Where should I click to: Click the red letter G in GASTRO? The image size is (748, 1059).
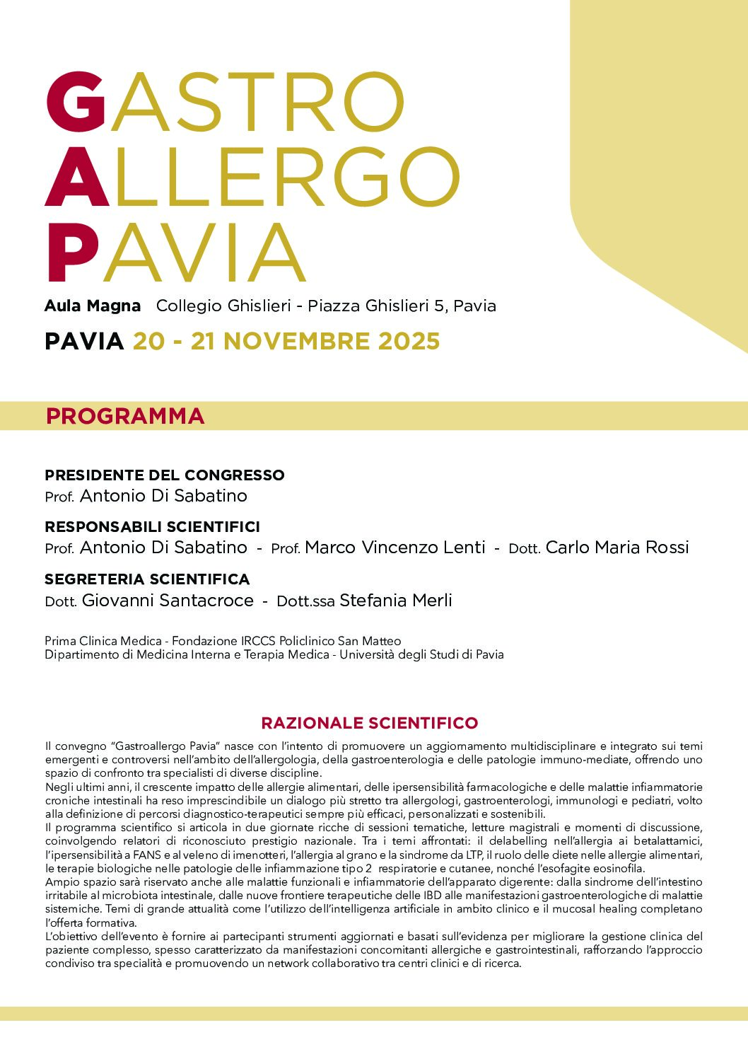click(x=76, y=102)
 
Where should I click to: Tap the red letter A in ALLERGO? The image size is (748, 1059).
click(x=76, y=177)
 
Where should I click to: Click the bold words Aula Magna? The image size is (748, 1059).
click(x=93, y=306)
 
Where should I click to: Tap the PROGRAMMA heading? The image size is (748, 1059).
click(x=125, y=416)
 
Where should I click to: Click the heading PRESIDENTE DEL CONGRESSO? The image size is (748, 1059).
click(x=165, y=475)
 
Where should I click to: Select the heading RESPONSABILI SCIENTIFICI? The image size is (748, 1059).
click(x=152, y=527)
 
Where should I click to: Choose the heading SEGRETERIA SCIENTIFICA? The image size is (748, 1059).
click(x=147, y=579)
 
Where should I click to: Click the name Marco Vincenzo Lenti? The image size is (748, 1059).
click(x=395, y=548)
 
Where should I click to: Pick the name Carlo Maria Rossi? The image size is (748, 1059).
click(x=617, y=548)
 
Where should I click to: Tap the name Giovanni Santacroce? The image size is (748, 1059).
click(x=168, y=601)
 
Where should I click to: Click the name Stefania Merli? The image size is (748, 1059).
click(x=396, y=601)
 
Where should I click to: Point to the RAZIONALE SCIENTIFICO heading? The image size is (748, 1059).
click(x=370, y=723)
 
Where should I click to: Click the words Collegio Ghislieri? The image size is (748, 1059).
click(x=223, y=306)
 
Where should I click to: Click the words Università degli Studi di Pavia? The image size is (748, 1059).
click(x=421, y=655)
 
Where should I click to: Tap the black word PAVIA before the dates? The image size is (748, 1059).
click(x=84, y=342)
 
